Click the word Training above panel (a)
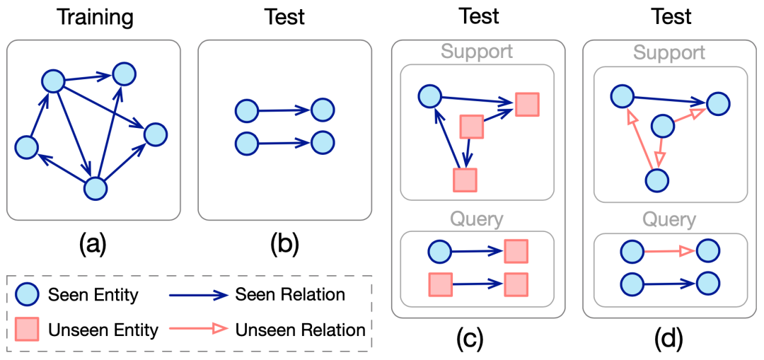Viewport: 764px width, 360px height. point(94,18)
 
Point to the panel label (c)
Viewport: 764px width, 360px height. point(470,336)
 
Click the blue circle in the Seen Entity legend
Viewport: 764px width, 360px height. point(28,295)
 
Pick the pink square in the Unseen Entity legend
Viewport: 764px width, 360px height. point(28,330)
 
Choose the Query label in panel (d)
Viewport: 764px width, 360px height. point(670,220)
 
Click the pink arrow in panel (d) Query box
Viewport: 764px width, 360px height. point(670,252)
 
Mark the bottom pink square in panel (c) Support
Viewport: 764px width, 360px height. point(465,180)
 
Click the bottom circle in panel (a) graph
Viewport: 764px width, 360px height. point(95,189)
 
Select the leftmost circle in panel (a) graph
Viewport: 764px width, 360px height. point(26,147)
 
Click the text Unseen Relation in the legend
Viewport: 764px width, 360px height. point(300,330)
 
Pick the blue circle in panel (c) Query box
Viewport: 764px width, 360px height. point(440,252)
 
